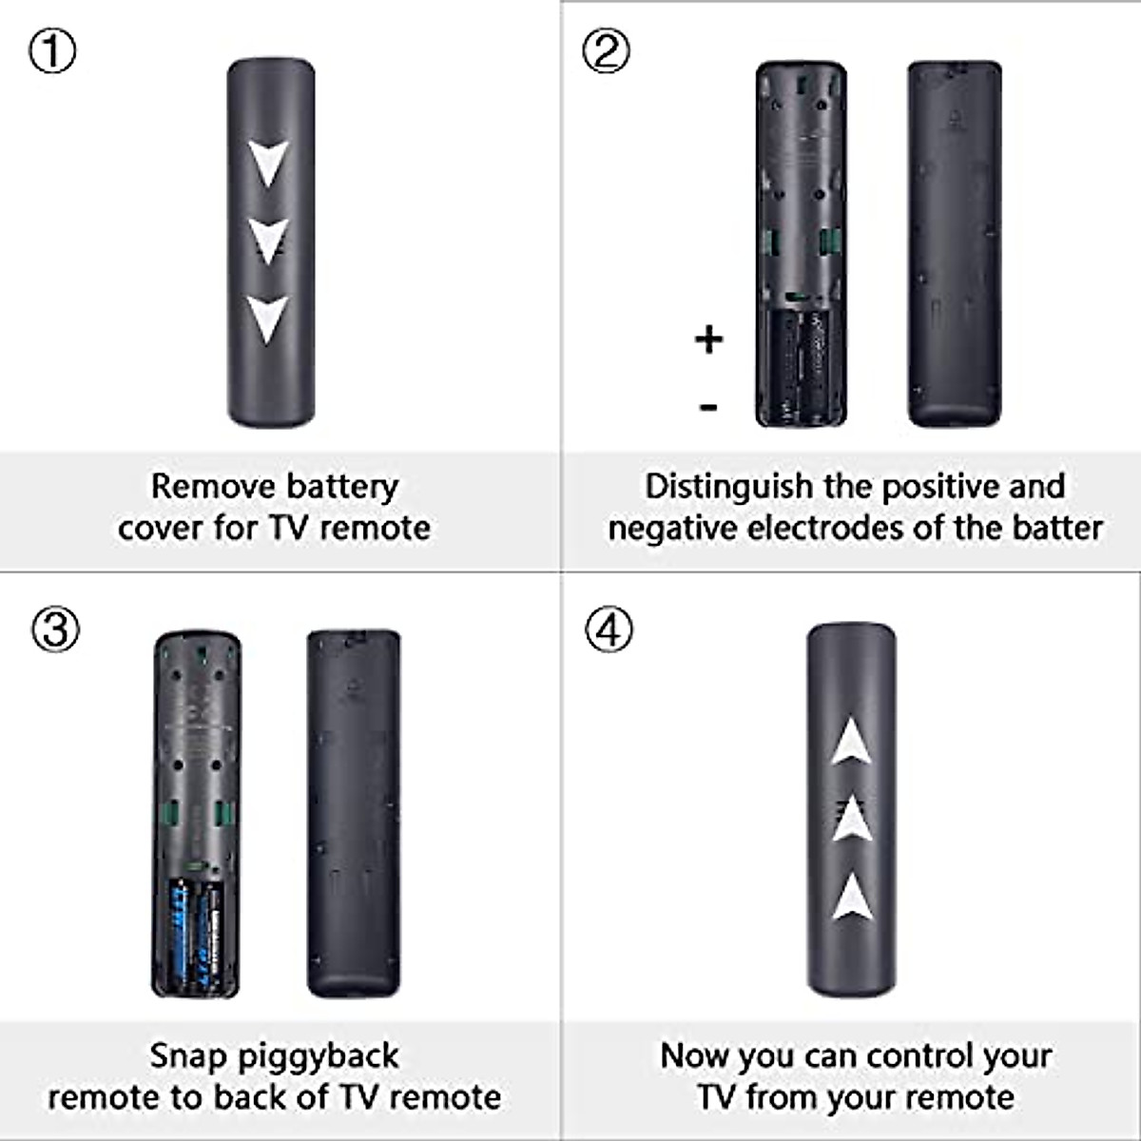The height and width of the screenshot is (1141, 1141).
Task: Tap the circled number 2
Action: pos(606,51)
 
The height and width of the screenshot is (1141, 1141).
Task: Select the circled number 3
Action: pos(55,629)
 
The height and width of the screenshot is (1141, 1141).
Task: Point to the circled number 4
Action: pos(609,629)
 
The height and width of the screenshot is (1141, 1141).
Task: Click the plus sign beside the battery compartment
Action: pos(708,339)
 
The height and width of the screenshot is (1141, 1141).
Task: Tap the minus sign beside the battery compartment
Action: pos(708,408)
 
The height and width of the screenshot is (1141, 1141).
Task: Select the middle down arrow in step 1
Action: pos(268,240)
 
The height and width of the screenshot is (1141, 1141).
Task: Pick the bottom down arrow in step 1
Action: pos(268,318)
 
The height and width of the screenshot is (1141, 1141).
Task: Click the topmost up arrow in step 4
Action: pos(852,742)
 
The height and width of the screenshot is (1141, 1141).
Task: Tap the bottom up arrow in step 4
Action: pos(852,897)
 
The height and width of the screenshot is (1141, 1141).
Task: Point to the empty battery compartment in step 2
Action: pos(801,366)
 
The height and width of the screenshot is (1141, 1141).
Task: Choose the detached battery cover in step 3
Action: pos(354,813)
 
